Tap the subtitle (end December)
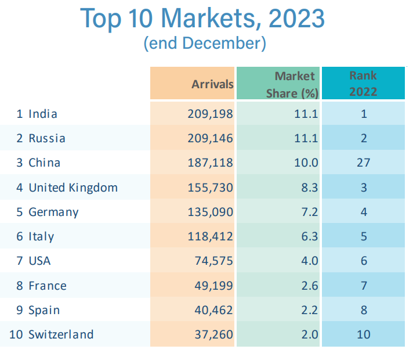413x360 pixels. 204,44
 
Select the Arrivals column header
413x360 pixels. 212,84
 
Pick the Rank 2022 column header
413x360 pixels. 363,83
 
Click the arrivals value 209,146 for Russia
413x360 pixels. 210,138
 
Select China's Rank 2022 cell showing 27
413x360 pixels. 364,163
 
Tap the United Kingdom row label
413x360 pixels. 73,188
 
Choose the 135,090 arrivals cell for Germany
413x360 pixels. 210,212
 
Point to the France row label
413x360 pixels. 48,286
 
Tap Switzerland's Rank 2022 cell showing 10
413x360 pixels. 364,334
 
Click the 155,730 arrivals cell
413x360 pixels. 210,188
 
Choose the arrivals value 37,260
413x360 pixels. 213,334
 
